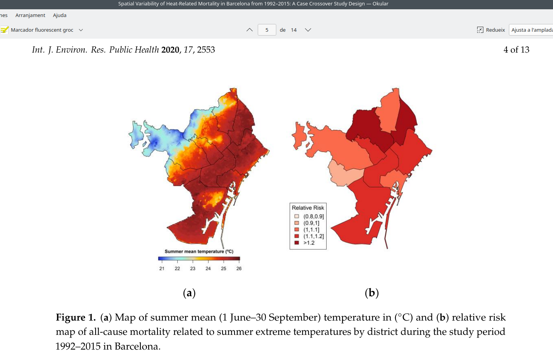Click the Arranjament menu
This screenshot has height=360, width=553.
pos(30,15)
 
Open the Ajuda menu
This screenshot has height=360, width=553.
pos(60,15)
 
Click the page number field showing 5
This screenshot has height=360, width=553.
pos(267,30)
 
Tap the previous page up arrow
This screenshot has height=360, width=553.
pos(250,30)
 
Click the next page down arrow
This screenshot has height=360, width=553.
pos(308,30)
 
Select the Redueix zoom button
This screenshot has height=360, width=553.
pos(491,30)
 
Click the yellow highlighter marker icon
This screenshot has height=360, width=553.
pos(5,30)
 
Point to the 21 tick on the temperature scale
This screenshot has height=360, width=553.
pos(162,268)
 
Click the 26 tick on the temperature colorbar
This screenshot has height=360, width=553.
pos(239,268)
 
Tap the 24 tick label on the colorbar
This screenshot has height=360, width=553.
pos(208,268)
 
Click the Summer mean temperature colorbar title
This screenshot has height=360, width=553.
pos(199,251)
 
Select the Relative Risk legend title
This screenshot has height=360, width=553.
pos(308,208)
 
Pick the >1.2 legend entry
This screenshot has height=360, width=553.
pos(308,243)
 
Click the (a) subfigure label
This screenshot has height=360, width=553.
pos(189,293)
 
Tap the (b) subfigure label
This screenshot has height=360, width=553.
pos(372,293)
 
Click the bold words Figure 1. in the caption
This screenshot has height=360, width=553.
pos(76,317)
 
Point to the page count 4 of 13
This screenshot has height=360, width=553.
pos(516,49)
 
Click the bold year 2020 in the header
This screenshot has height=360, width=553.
pos(170,50)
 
